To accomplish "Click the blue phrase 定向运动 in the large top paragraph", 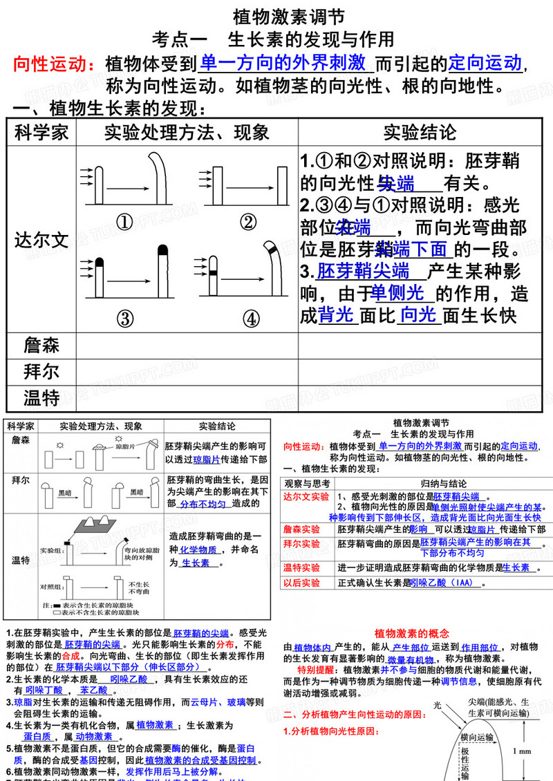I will point(485,63).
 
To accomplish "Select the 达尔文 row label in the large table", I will point(41,240).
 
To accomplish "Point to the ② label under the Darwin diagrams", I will point(247,222).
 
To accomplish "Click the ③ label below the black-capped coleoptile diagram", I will point(124,319).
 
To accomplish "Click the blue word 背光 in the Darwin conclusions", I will point(337,316).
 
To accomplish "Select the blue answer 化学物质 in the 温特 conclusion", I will point(198,550).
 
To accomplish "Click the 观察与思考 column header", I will point(307,483).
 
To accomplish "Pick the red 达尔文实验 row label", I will point(306,497).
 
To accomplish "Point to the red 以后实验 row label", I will point(302,583).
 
